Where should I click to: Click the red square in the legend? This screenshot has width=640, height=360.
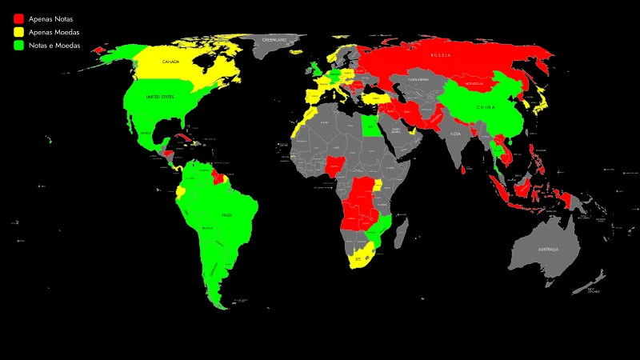point(18,18)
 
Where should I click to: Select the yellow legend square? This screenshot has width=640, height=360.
point(18,32)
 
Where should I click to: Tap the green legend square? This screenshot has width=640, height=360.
point(18,46)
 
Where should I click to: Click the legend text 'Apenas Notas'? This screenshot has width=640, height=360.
point(50,18)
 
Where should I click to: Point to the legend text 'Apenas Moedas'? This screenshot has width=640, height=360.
point(54,32)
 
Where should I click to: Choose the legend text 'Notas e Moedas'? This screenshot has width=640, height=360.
point(55,46)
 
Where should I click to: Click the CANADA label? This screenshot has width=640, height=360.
point(170,62)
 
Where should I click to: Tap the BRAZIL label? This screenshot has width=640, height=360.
point(226,214)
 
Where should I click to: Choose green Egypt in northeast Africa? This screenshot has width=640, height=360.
point(371,125)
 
